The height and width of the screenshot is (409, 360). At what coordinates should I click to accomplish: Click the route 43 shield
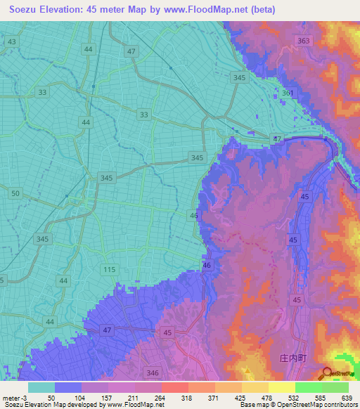[11, 42]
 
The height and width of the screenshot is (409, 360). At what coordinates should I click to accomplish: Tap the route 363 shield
[303, 41]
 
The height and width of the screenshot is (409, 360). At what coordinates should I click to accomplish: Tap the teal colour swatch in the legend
[41, 387]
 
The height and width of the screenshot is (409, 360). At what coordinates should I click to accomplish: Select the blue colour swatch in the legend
[68, 387]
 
